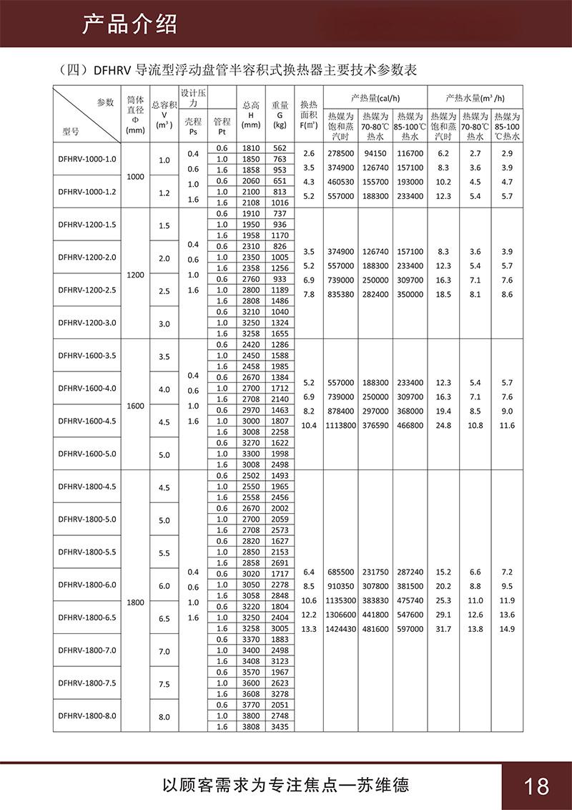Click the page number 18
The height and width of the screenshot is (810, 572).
click(536, 786)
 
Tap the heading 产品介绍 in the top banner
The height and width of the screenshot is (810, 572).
click(129, 24)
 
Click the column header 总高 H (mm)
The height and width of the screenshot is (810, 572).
click(251, 114)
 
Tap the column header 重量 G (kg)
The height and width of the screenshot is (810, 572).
click(280, 114)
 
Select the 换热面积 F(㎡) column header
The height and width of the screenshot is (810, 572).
click(308, 114)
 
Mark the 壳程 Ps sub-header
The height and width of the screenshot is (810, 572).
click(194, 126)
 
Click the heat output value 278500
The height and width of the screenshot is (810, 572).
click(341, 154)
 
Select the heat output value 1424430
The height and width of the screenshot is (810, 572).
click(341, 629)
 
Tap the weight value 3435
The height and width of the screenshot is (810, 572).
click(280, 726)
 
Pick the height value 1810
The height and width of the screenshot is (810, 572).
click(251, 148)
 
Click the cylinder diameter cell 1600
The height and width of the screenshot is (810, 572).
click(135, 405)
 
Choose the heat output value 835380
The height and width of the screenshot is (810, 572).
click(341, 294)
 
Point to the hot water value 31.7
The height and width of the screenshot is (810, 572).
click(443, 629)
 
